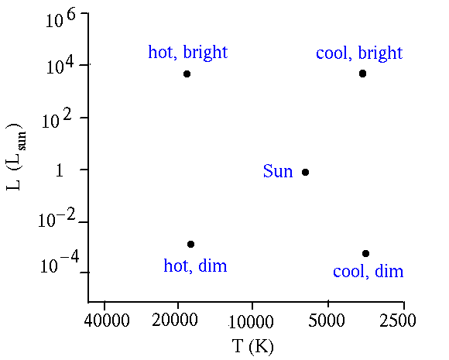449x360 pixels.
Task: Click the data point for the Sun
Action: (x=305, y=172)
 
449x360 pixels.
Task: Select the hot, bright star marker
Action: (x=187, y=74)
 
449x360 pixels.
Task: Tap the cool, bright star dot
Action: (x=362, y=74)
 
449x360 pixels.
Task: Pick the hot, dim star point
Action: (x=190, y=244)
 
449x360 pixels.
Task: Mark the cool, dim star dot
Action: (x=365, y=253)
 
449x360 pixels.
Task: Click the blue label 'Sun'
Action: (x=278, y=171)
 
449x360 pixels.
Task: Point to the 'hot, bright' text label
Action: (x=188, y=53)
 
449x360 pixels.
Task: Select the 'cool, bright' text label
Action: (x=359, y=53)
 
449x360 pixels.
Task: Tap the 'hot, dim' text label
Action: (x=195, y=266)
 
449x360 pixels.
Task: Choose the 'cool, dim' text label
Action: (x=368, y=271)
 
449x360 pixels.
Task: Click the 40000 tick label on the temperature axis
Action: (x=107, y=321)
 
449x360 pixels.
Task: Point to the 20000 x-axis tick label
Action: (x=175, y=320)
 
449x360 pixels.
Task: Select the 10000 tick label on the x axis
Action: (x=251, y=321)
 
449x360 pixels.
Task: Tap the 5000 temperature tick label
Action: (x=327, y=321)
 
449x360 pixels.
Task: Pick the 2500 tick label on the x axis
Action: (x=398, y=321)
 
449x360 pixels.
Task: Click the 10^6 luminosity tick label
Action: (x=60, y=19)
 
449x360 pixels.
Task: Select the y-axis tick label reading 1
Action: (x=60, y=170)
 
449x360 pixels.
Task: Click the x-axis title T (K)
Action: (x=253, y=347)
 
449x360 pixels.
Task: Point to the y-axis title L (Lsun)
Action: (x=15, y=156)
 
